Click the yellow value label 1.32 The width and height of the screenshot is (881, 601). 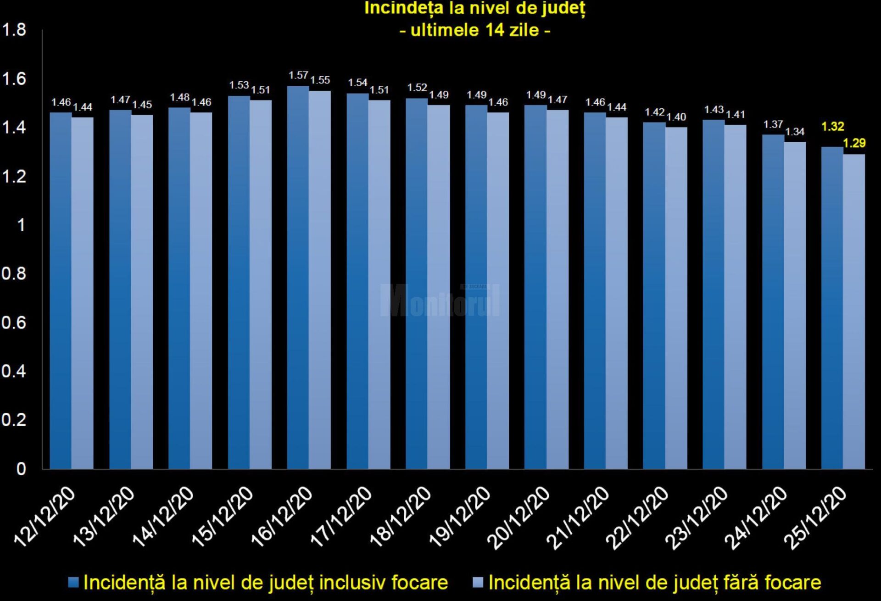832,127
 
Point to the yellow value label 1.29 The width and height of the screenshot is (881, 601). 854,143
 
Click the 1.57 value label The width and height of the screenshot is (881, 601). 298,75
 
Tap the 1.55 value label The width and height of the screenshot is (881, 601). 320,80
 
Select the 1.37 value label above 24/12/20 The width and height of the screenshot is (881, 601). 773,124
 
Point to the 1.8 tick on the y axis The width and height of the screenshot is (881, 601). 14,30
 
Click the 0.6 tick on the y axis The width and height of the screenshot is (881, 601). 14,323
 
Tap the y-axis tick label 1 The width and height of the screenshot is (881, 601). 21,225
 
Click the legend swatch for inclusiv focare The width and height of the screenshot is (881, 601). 73,583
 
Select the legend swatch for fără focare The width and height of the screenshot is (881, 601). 478,583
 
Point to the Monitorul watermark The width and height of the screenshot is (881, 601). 440,300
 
